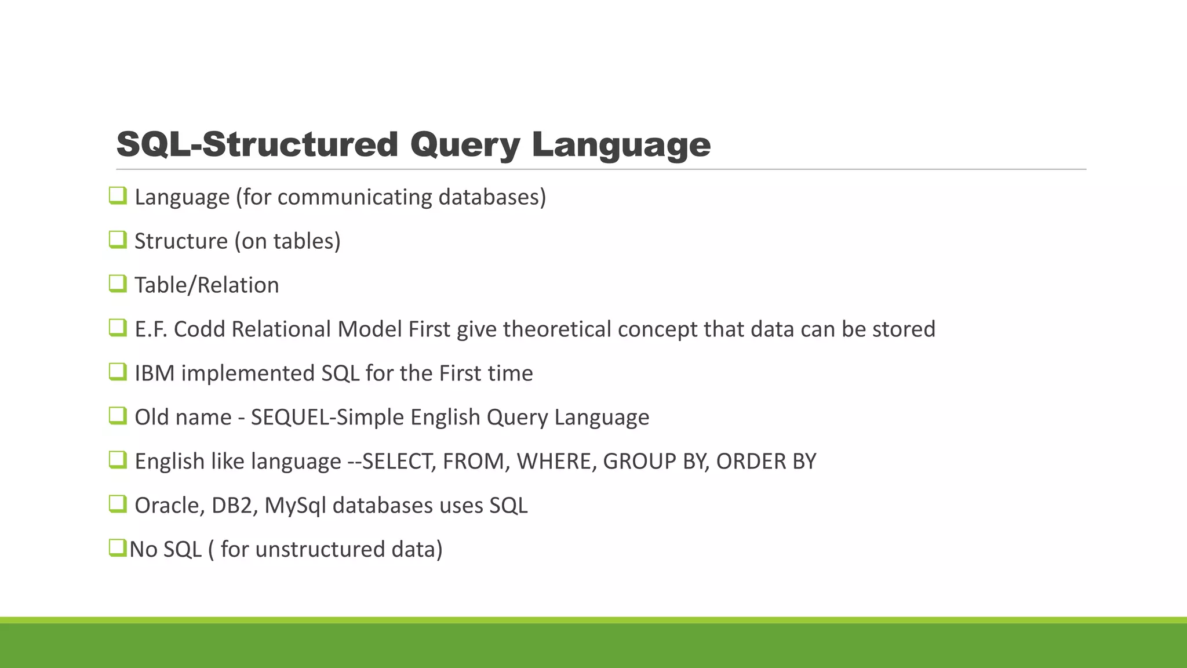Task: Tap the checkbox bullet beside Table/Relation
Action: (118, 284)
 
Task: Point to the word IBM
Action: (154, 373)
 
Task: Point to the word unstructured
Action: (319, 550)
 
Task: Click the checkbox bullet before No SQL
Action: (118, 548)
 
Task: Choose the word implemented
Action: (247, 373)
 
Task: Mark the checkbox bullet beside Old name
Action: (118, 416)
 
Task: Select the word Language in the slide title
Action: (621, 145)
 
